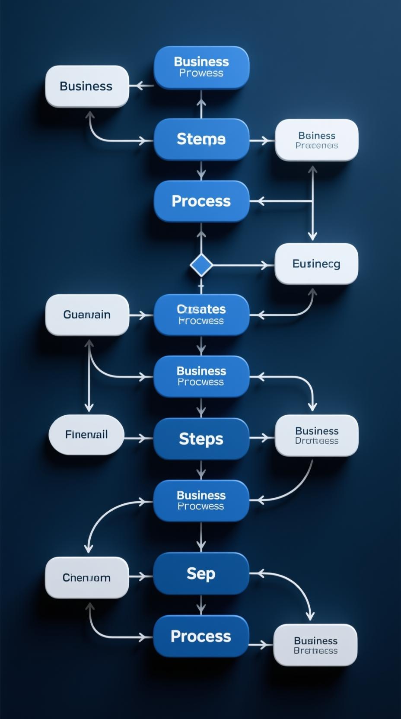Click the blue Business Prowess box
pyautogui.click(x=201, y=67)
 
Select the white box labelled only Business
pyautogui.click(x=87, y=86)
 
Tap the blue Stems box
pyautogui.click(x=201, y=139)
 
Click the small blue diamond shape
pyautogui.click(x=201, y=265)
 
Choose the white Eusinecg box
pyautogui.click(x=316, y=264)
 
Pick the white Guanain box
pyautogui.click(x=87, y=315)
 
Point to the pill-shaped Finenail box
pyautogui.click(x=86, y=434)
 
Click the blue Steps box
pyautogui.click(x=201, y=439)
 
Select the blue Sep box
pyautogui.click(x=201, y=573)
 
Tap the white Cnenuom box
pyautogui.click(x=87, y=577)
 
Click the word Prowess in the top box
pyautogui.click(x=201, y=73)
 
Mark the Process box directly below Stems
pyautogui.click(x=201, y=201)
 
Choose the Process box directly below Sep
pyautogui.click(x=201, y=636)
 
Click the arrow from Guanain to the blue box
pyautogui.click(x=141, y=315)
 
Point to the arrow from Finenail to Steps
pyautogui.click(x=138, y=439)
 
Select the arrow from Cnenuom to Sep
pyautogui.click(x=141, y=576)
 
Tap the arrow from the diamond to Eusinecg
pyautogui.click(x=242, y=265)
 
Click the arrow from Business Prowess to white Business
pyautogui.click(x=142, y=86)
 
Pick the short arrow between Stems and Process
pyautogui.click(x=201, y=171)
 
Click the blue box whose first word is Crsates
pyautogui.click(x=201, y=315)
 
